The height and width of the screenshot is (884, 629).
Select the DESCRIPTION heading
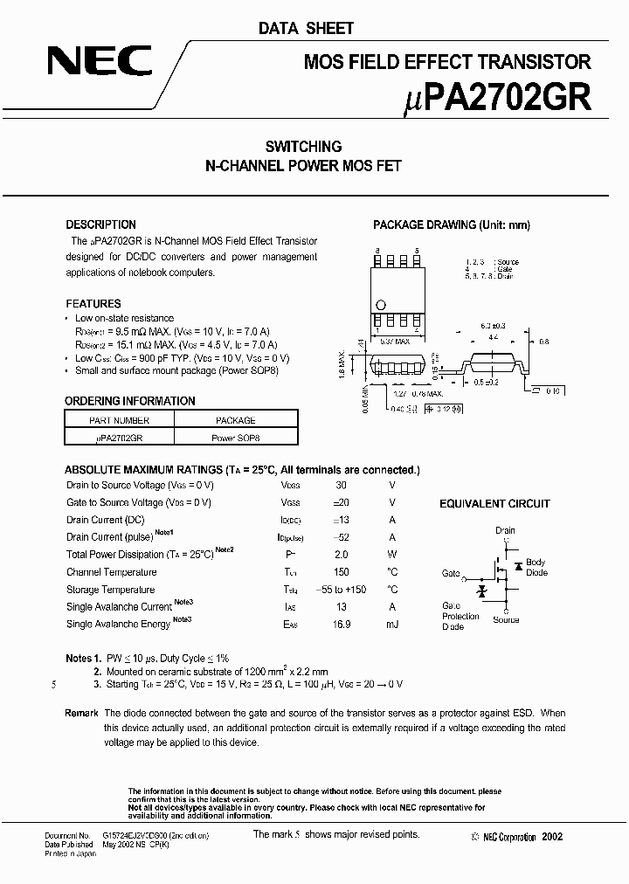[x=100, y=224]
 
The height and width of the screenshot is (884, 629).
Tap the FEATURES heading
[x=93, y=303]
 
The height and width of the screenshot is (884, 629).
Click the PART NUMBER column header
[x=120, y=420]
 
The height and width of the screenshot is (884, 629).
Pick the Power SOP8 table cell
[x=235, y=438]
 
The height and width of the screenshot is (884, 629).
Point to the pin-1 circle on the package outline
[x=380, y=304]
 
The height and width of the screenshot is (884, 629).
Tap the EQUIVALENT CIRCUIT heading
[x=494, y=504]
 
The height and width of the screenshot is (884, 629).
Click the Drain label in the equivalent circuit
[x=505, y=530]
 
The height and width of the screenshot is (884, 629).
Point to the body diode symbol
[x=518, y=567]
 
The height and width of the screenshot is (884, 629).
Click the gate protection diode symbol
[x=480, y=591]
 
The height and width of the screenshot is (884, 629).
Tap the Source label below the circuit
[x=505, y=620]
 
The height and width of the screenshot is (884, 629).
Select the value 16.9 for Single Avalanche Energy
[x=341, y=624]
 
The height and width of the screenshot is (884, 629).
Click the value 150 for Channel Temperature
[x=341, y=572]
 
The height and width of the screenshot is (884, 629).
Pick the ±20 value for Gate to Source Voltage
[x=341, y=502]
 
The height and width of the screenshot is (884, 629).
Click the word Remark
[x=81, y=714]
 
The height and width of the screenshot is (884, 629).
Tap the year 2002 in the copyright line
[x=552, y=837]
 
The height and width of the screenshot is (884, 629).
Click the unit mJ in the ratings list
[x=391, y=624]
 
